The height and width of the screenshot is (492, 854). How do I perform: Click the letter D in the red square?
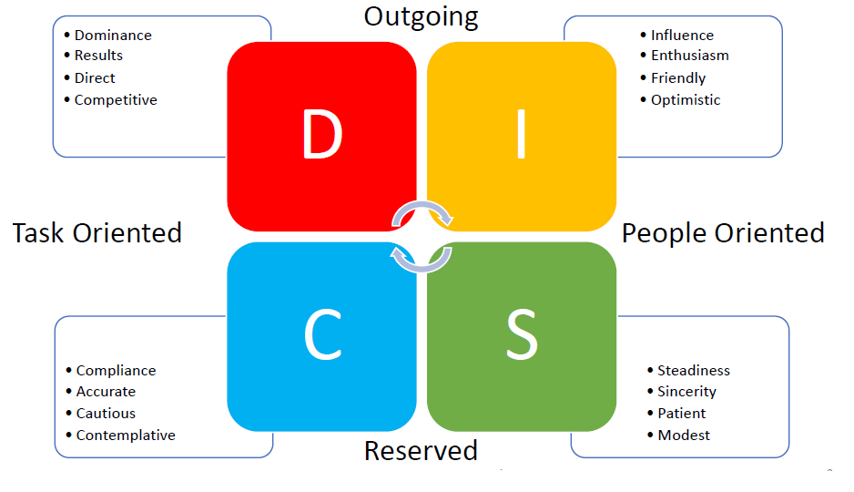321,135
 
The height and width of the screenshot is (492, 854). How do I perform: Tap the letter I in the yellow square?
521,135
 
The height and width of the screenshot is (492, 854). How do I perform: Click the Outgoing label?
421,15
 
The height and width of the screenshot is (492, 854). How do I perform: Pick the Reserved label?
421,450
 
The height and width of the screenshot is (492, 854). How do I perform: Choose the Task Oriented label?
97,233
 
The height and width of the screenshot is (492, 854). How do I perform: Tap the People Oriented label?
723,233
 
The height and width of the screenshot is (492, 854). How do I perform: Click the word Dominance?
113,36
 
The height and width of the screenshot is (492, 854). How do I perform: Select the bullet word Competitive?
116,100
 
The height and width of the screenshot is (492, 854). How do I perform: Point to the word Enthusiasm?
689,56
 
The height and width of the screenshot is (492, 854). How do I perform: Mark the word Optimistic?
686,100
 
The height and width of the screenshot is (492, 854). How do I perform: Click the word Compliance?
116,371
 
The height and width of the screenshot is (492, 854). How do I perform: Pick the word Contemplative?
126,436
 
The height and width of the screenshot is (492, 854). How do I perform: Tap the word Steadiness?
694,371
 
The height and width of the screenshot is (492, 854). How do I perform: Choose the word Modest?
684,436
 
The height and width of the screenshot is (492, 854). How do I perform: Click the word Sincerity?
686,392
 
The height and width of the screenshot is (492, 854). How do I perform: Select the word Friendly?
678,78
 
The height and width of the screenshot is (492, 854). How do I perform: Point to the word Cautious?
106,414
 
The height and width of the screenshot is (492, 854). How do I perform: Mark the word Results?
98,56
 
